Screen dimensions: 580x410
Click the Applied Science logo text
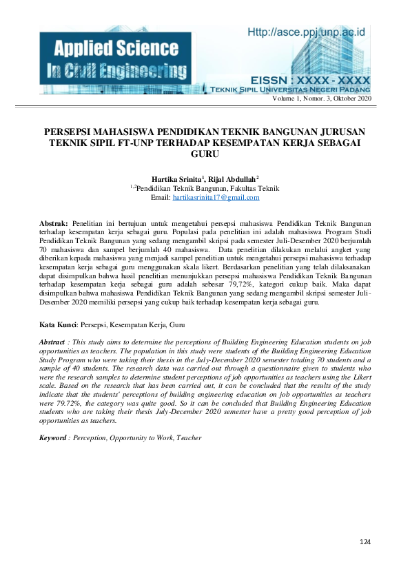pos(108,49)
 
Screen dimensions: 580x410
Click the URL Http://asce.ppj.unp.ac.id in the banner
pos(306,32)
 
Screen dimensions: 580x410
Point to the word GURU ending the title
pos(205,154)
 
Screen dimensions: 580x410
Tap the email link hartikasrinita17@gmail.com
pos(216,198)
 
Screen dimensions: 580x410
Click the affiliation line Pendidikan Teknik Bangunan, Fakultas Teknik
pos(207,188)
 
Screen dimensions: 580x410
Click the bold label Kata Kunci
pos(58,324)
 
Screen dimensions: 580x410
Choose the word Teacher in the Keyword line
pos(188,437)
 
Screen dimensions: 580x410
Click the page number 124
pos(365,544)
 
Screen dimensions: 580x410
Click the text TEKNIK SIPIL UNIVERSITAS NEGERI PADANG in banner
pos(301,90)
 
